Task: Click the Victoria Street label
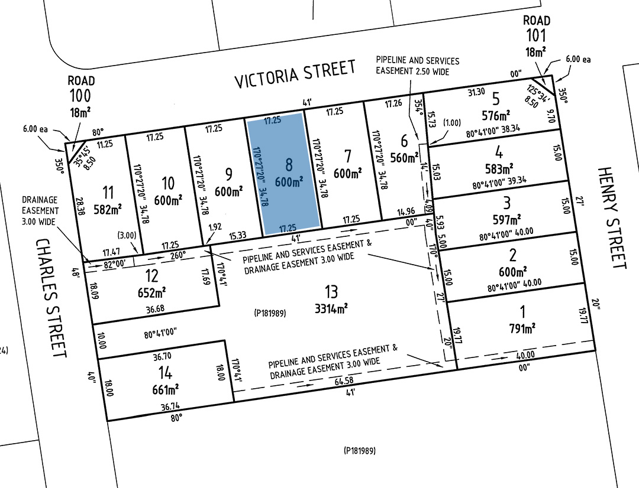[295, 74]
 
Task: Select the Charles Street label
[50, 298]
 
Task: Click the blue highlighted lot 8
[284, 171]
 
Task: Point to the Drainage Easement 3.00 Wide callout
[41, 210]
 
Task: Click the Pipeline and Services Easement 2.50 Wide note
[417, 66]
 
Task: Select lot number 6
[405, 141]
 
